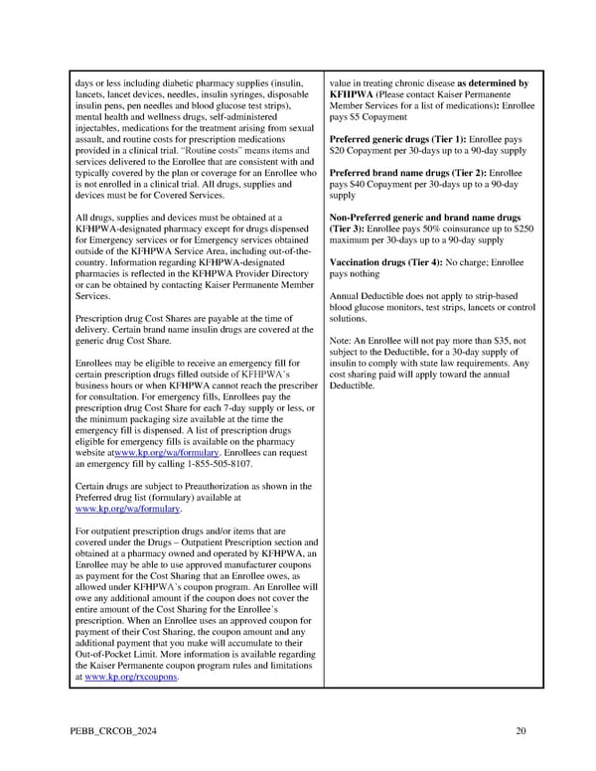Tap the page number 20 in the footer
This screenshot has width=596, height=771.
coord(521,732)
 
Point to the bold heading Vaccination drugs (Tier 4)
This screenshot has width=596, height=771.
coord(387,262)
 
